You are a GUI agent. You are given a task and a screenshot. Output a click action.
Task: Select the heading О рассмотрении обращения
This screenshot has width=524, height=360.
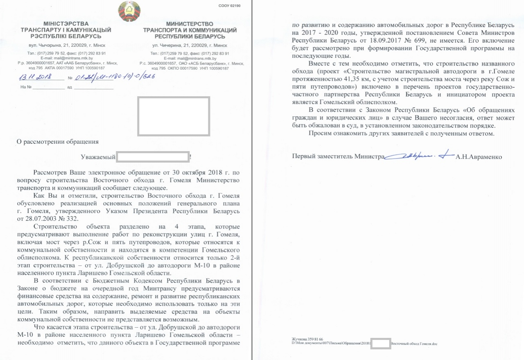(x=57, y=142)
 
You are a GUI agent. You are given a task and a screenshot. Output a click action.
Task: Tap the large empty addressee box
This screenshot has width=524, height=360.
(x=174, y=116)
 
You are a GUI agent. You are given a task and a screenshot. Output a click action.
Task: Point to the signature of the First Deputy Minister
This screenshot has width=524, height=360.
(x=418, y=156)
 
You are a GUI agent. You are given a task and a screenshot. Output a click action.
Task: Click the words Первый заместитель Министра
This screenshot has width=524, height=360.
(x=338, y=156)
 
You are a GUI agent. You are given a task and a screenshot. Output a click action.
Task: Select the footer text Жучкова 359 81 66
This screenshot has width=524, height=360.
(x=307, y=339)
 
